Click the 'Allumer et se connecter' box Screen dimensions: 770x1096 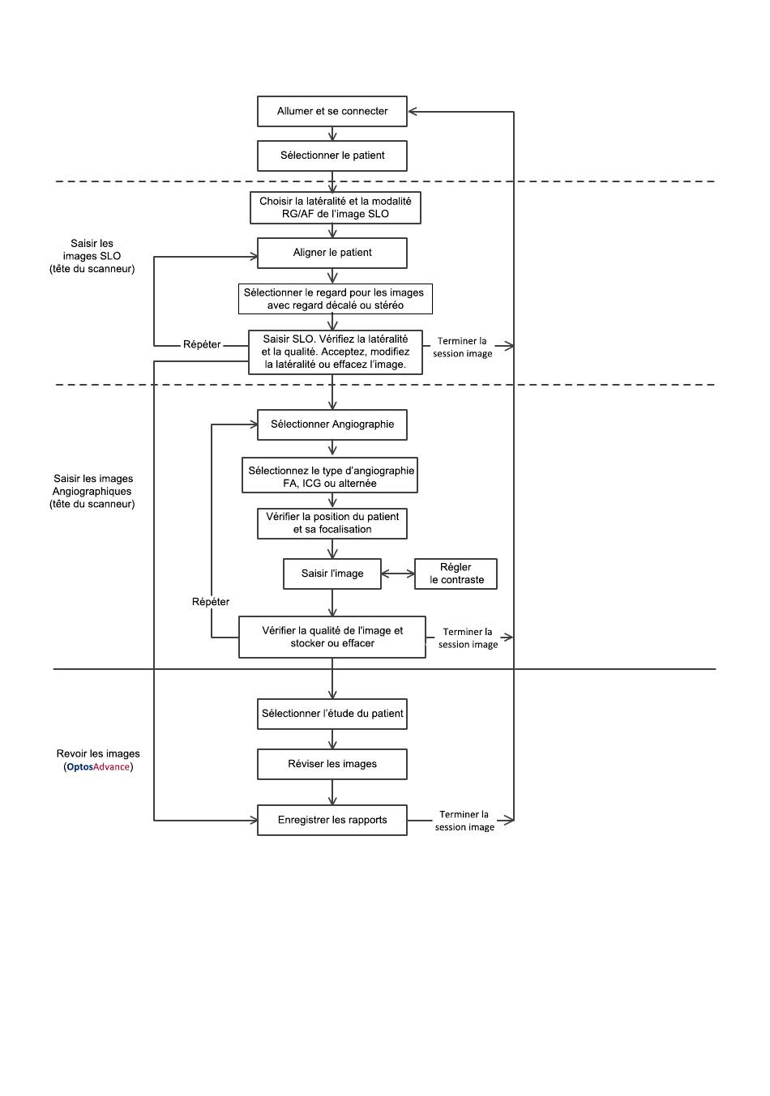332,111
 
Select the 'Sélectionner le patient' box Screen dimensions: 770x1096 332,156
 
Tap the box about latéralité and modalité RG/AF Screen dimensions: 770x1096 335,207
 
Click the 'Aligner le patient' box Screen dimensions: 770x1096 332,253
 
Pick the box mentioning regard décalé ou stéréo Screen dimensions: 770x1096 335,298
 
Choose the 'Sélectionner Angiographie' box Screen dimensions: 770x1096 332,424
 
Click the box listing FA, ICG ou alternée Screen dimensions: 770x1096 329,475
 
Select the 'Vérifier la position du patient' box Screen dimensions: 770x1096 332,523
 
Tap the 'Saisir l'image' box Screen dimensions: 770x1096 332,574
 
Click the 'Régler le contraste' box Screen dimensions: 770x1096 456,574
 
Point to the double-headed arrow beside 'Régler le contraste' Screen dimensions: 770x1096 398,574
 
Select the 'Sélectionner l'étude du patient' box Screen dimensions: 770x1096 332,714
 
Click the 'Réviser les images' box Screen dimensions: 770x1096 332,764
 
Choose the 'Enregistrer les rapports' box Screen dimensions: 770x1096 332,820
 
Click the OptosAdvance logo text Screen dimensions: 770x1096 98,766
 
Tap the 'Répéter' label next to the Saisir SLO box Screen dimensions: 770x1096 202,344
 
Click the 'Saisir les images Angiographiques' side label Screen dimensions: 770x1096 92,491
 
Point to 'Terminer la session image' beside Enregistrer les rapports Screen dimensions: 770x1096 464,821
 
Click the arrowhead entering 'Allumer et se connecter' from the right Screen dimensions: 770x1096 413,112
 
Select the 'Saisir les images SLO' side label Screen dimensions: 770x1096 92,256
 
